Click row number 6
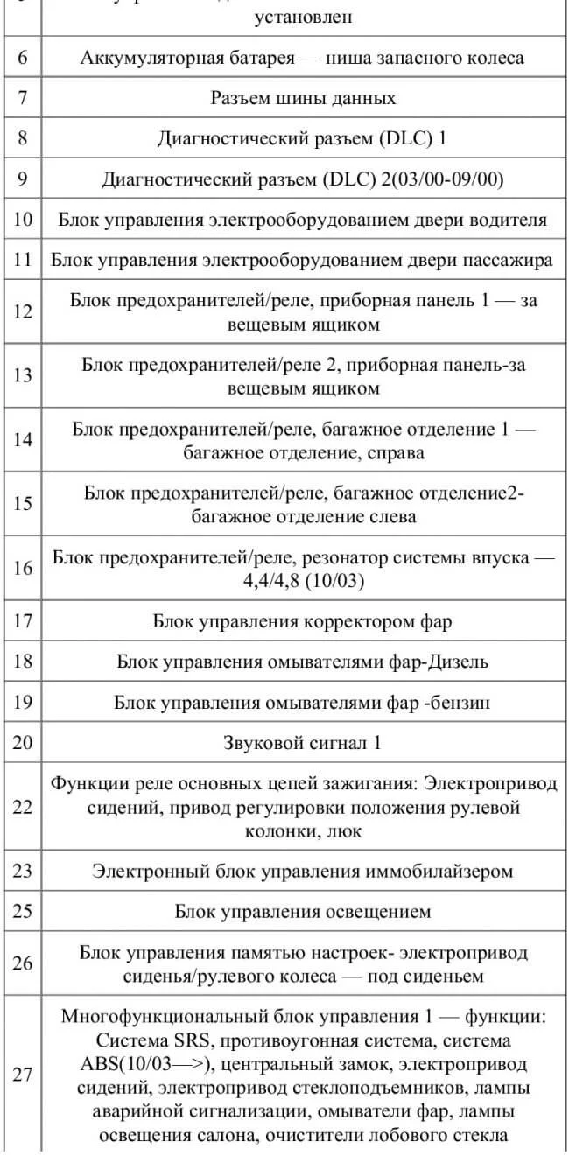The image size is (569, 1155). coord(23,59)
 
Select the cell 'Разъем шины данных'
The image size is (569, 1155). coord(303,98)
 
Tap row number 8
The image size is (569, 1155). coord(23,138)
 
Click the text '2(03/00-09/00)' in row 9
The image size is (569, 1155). coord(443,178)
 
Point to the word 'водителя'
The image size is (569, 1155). coord(507,219)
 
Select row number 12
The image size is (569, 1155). coord(23,311)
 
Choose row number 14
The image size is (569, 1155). coord(23,439)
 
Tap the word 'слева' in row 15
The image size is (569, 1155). coord(394,516)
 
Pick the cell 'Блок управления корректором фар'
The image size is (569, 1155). coord(303,622)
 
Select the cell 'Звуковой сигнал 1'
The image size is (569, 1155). coord(303,743)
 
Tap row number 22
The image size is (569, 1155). coord(23,807)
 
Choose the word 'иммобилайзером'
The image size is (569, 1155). coord(440,871)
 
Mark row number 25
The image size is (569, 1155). coord(23,912)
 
